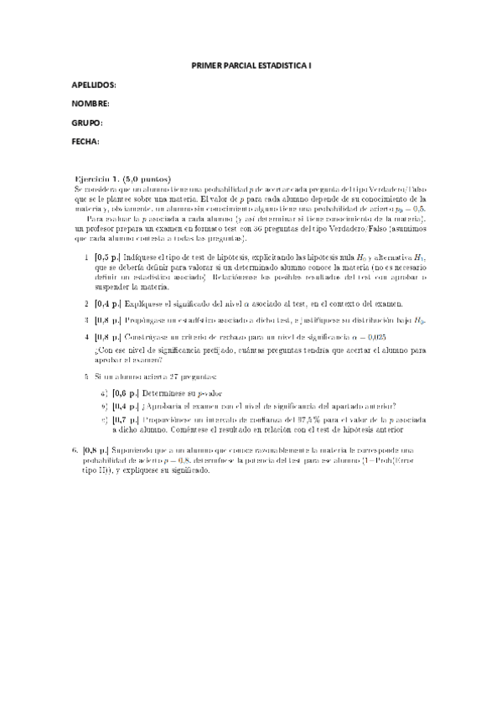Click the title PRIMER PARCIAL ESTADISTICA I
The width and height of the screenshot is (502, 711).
point(251,65)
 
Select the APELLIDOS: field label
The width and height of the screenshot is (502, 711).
point(94,86)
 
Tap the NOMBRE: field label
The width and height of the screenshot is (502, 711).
point(91,104)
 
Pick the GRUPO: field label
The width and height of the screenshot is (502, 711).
point(87,122)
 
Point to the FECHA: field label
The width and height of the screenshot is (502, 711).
point(85,141)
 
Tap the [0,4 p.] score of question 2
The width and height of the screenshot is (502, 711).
point(108,304)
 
